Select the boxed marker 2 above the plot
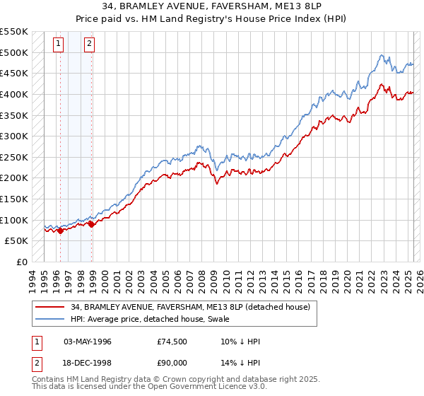(90, 44)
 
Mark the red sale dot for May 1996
(61, 230)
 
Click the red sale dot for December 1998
(92, 224)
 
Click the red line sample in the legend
(49, 307)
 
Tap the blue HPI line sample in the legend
(49, 320)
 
